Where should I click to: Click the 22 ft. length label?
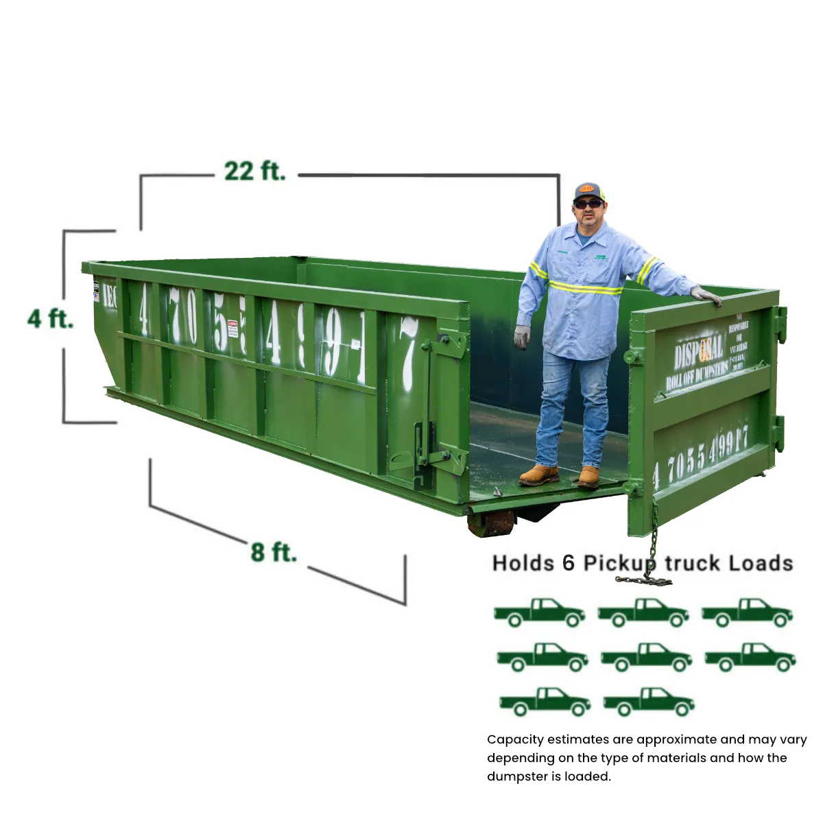254,171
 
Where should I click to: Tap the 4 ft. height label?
50,319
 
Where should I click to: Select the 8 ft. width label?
273,552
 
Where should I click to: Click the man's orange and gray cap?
588,191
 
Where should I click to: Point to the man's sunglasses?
588,204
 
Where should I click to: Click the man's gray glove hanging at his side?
523,337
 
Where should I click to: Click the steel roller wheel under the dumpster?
491,523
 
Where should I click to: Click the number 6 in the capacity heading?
568,563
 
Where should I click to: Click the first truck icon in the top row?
539,612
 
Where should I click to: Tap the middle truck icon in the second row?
646,657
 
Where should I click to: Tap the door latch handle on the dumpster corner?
420,446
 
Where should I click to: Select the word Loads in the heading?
761,564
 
